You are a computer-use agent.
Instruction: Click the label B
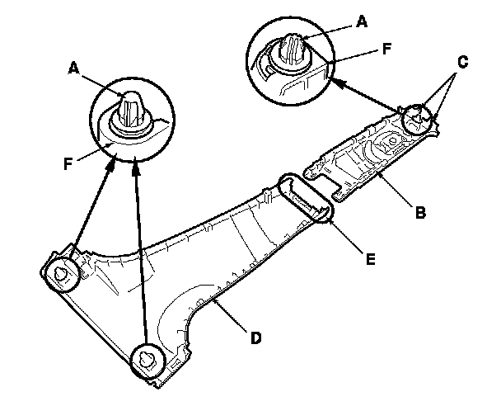click(x=420, y=213)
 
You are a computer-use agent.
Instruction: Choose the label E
click(x=371, y=258)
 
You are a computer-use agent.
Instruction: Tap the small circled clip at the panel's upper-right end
click(x=417, y=119)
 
